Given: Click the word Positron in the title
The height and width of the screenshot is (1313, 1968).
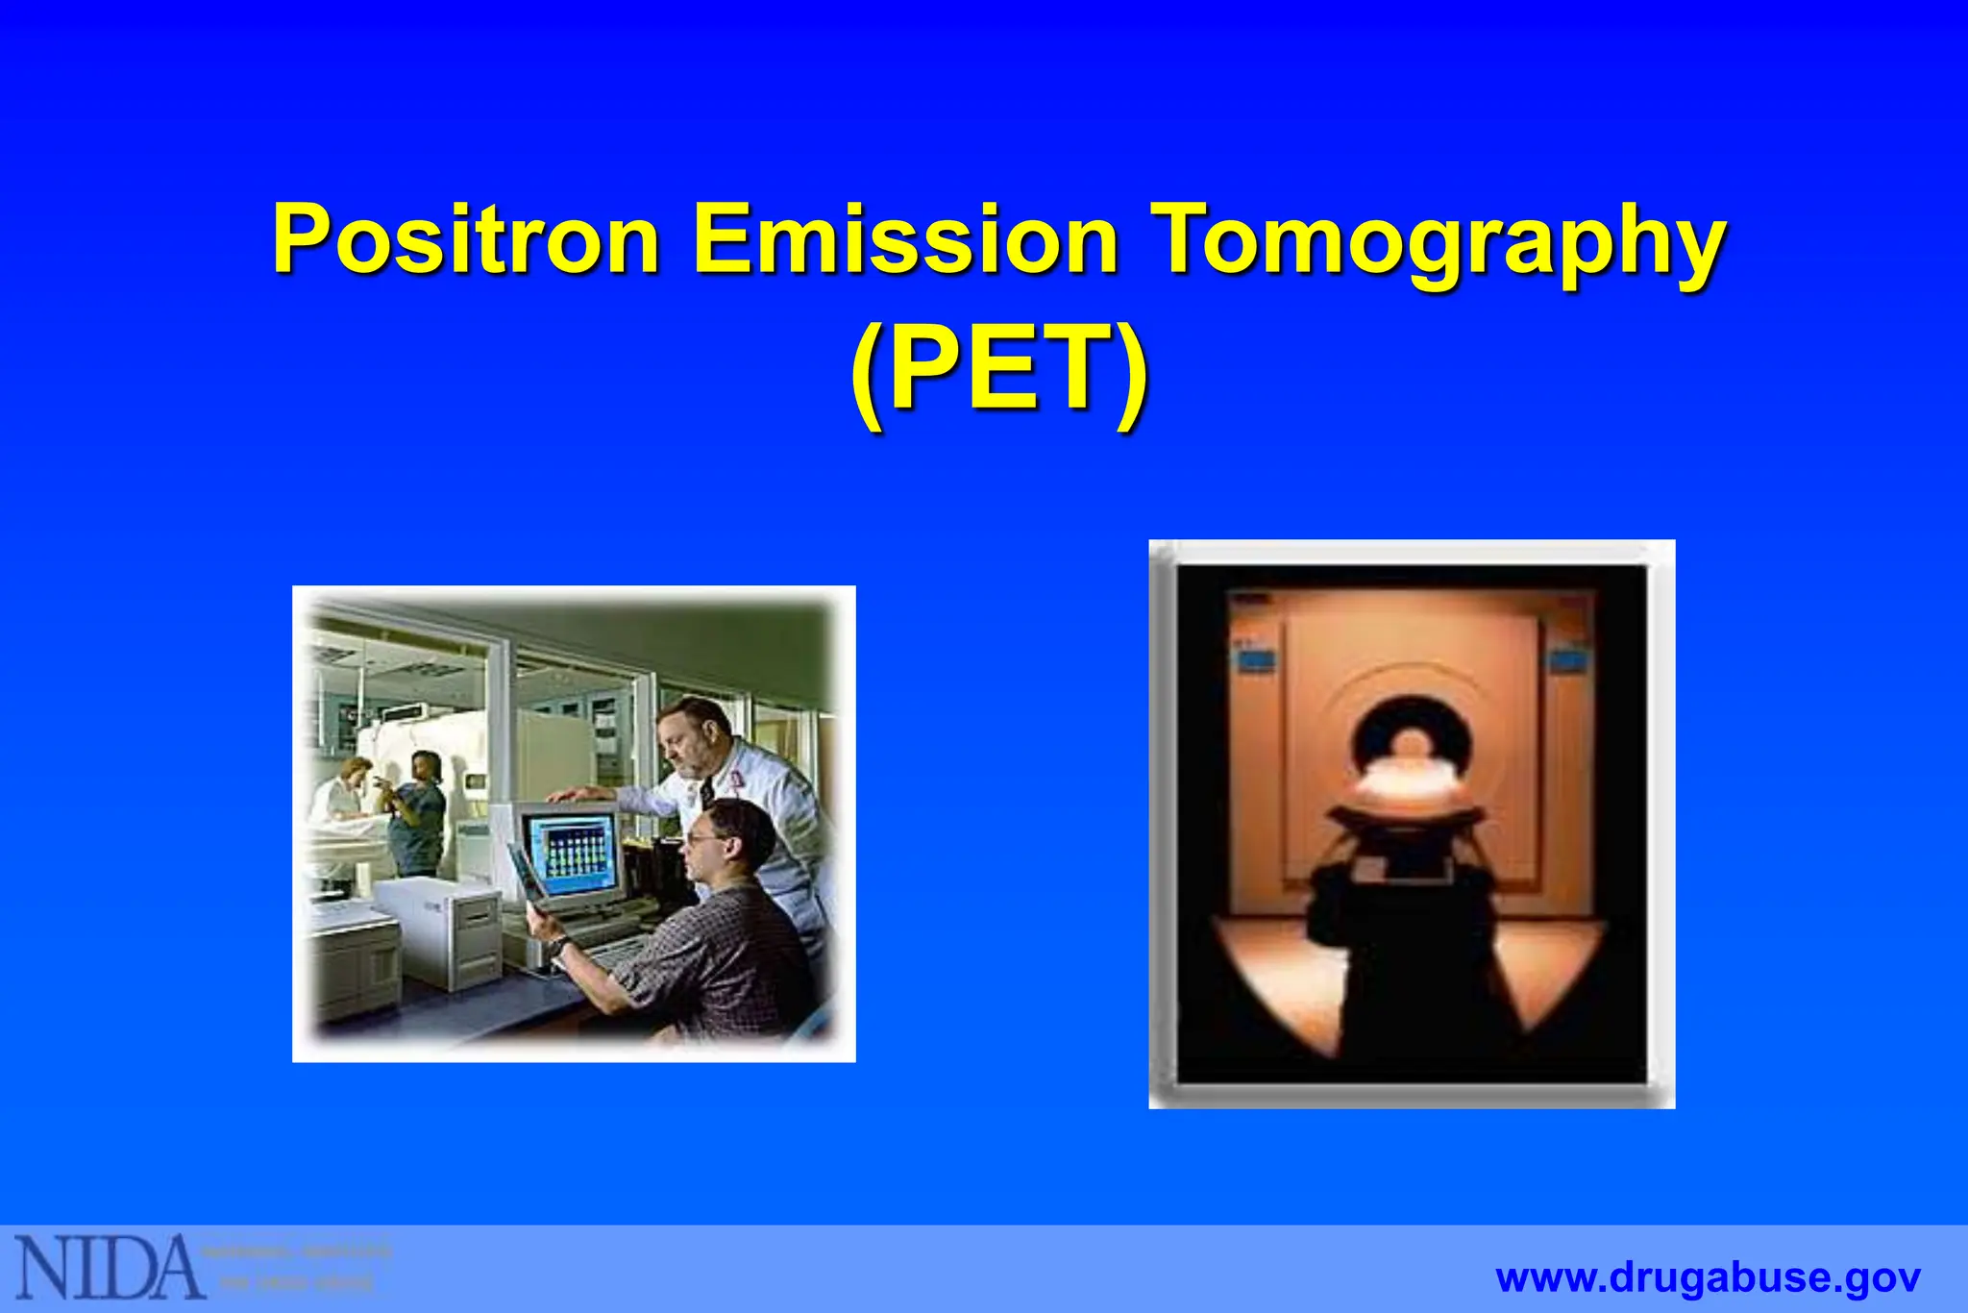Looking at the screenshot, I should pyautogui.click(x=466, y=237).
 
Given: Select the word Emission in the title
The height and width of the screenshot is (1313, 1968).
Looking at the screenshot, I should pyautogui.click(x=905, y=237).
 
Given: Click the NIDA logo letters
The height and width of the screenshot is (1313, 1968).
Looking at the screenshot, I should pyautogui.click(x=108, y=1266).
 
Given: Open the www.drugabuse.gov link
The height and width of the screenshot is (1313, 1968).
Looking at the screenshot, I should pyautogui.click(x=1708, y=1278).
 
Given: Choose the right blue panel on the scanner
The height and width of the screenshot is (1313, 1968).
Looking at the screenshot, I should pyautogui.click(x=1568, y=660).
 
